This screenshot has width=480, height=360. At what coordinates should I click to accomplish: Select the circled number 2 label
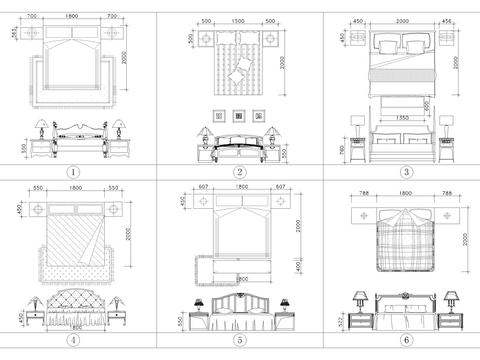(240, 171)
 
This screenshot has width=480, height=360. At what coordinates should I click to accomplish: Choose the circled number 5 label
(240, 340)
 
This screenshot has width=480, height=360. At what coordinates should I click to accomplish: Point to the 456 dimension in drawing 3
(446, 20)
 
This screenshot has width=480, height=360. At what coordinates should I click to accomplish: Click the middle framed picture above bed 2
(240, 114)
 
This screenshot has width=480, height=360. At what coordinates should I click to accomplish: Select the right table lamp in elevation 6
(451, 299)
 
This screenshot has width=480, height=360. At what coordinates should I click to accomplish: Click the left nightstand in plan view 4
(38, 209)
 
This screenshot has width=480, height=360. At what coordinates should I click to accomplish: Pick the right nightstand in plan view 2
(272, 40)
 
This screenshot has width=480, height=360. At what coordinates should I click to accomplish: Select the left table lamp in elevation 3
(357, 125)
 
